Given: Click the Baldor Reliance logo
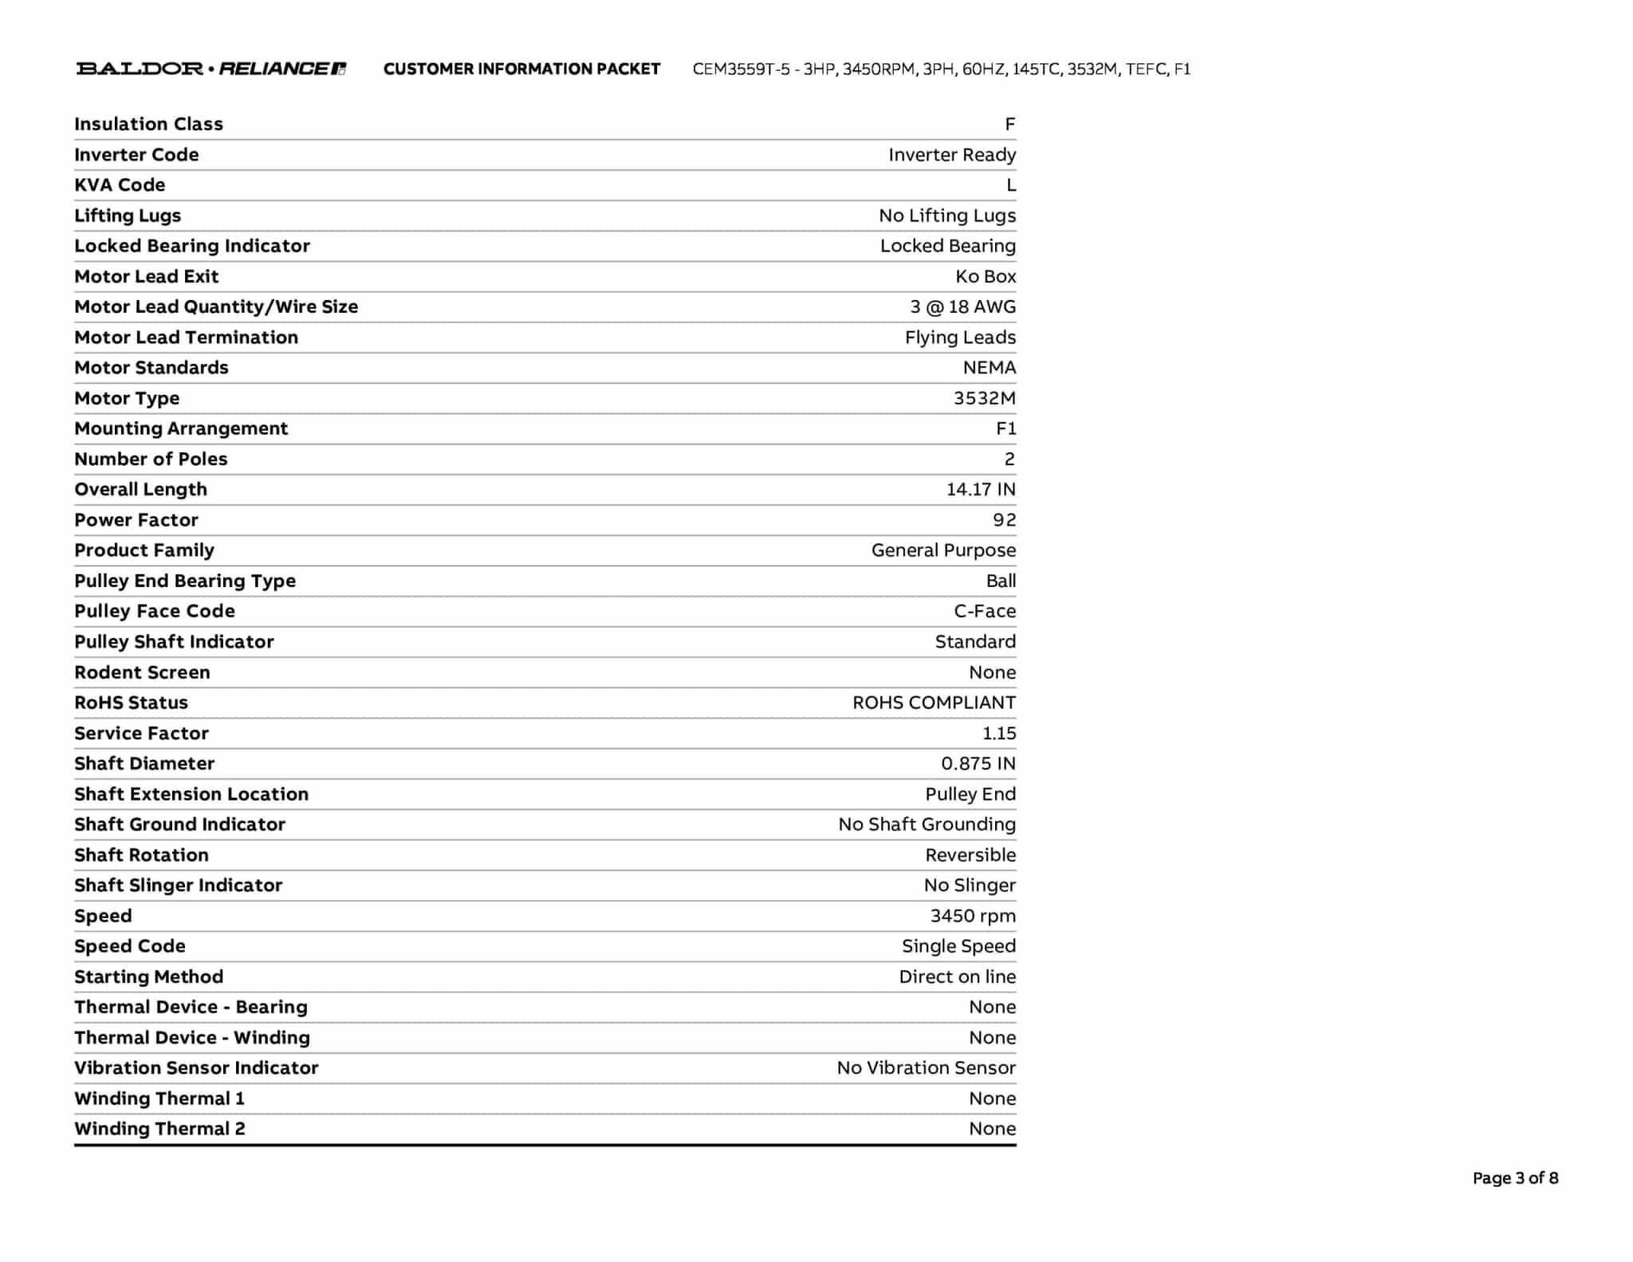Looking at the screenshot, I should (211, 69).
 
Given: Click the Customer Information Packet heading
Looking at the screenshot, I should (521, 69).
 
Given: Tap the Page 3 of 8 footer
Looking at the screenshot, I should (1515, 1178).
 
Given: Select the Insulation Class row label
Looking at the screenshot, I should (148, 124).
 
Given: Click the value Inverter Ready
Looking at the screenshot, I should (952, 155).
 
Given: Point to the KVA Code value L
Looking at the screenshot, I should (1010, 185).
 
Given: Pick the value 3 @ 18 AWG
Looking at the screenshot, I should (962, 307).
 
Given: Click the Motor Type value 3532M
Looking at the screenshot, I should (984, 398).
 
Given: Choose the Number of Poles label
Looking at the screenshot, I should (151, 459).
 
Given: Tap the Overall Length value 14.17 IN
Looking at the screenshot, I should (981, 489).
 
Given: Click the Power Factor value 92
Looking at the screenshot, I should (1004, 520).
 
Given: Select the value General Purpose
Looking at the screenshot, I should (943, 550).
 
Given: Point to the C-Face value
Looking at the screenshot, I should (985, 611).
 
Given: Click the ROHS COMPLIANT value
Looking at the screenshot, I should (934, 703).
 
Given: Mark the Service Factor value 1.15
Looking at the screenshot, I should (999, 733).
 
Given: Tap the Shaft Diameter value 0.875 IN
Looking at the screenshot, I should (978, 763).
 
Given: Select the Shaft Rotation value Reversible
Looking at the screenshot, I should (970, 855).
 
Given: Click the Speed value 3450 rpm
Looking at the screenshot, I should (973, 916).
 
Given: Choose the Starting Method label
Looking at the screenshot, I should (148, 976).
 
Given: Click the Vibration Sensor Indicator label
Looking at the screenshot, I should (196, 1068).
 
